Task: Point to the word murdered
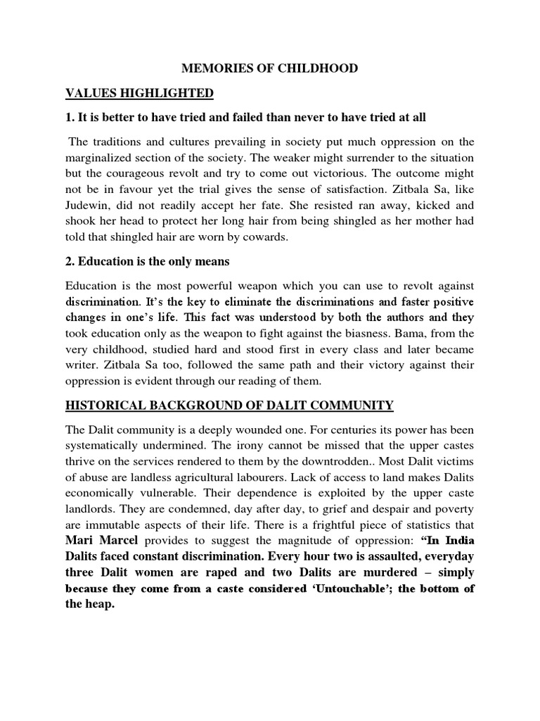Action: click(392, 572)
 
